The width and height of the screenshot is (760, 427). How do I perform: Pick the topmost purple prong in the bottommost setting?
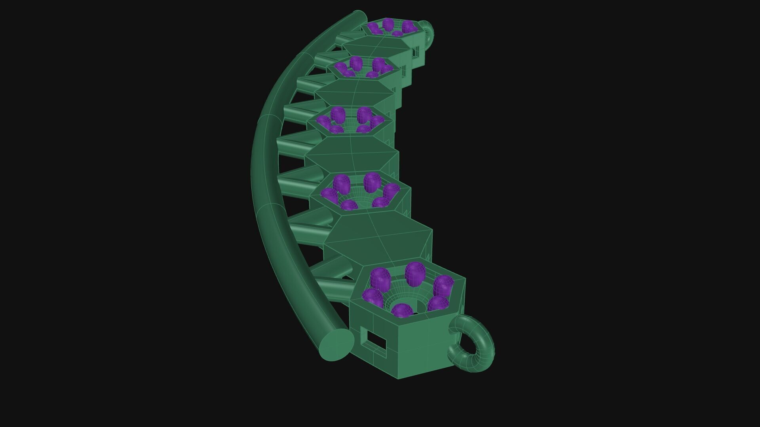point(415,273)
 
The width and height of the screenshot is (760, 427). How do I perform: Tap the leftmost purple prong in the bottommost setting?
point(372,297)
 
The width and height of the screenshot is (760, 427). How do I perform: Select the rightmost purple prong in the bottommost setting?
point(443,285)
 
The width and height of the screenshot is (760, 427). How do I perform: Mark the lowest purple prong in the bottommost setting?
point(401,310)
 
